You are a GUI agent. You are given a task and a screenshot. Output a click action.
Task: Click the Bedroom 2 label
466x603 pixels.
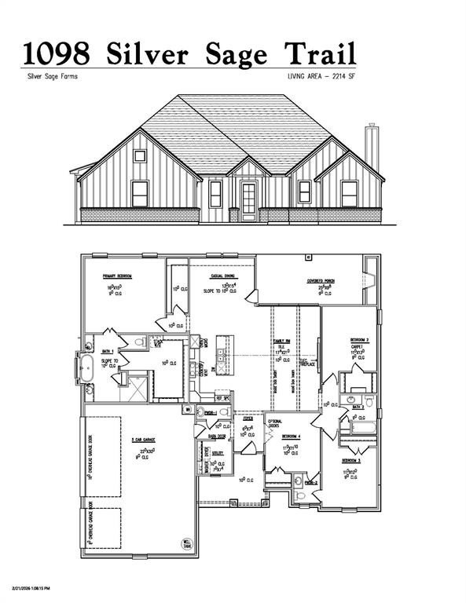(361, 340)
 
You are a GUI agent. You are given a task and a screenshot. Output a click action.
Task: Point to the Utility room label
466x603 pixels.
(218, 453)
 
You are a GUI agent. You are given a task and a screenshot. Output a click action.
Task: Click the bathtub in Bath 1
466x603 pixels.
(86, 366)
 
